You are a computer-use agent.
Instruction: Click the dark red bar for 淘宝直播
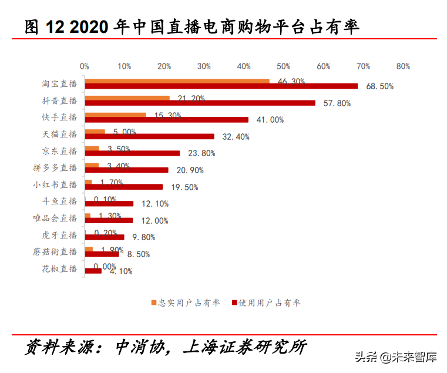[x=221, y=86]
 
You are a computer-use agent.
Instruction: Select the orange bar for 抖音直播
[x=127, y=98]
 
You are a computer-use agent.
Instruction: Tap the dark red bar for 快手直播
[x=166, y=120]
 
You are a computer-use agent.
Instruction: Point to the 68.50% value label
[x=379, y=86]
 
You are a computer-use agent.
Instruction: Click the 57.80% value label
[x=337, y=103]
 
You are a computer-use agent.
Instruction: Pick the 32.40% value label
[x=236, y=137]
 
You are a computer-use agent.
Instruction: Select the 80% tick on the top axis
[x=403, y=66]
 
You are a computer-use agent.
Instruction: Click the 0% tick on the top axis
[x=85, y=66]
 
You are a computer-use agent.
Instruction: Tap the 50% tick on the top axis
[x=283, y=66]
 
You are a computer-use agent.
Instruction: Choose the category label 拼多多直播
[x=55, y=167]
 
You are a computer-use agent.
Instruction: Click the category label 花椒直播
[x=59, y=268]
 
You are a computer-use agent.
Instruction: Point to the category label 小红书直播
[x=55, y=184]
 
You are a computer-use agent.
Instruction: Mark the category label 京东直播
[x=59, y=151]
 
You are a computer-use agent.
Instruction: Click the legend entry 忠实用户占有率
[x=185, y=303]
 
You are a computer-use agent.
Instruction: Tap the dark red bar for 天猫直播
[x=149, y=137]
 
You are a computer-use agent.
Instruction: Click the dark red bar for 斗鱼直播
[x=109, y=204]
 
